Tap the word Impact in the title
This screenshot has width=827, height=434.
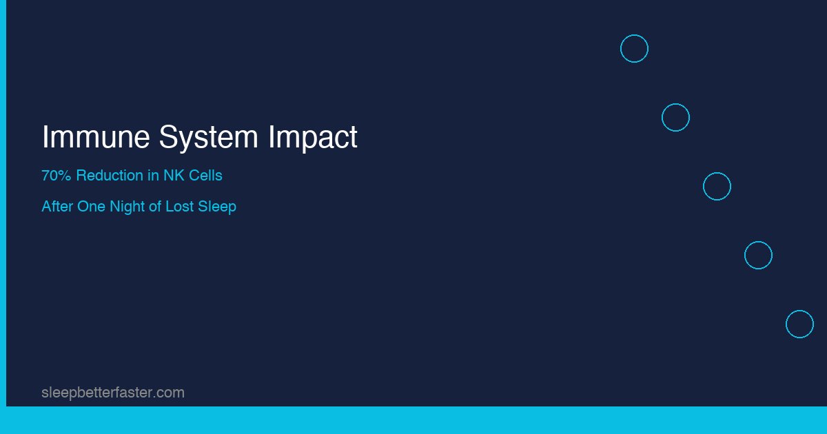313,137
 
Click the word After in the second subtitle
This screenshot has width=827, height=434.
57,207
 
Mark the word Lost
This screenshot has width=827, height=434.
180,207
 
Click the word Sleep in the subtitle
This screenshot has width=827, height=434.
217,207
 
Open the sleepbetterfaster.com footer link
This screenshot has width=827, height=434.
113,393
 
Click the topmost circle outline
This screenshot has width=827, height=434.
634,49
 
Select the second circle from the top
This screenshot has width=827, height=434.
675,118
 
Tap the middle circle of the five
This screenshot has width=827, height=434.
717,187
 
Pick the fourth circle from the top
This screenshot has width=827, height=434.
758,256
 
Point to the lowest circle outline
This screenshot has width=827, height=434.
799,324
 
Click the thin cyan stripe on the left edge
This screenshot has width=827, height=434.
3,207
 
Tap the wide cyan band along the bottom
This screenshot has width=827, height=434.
413,420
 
